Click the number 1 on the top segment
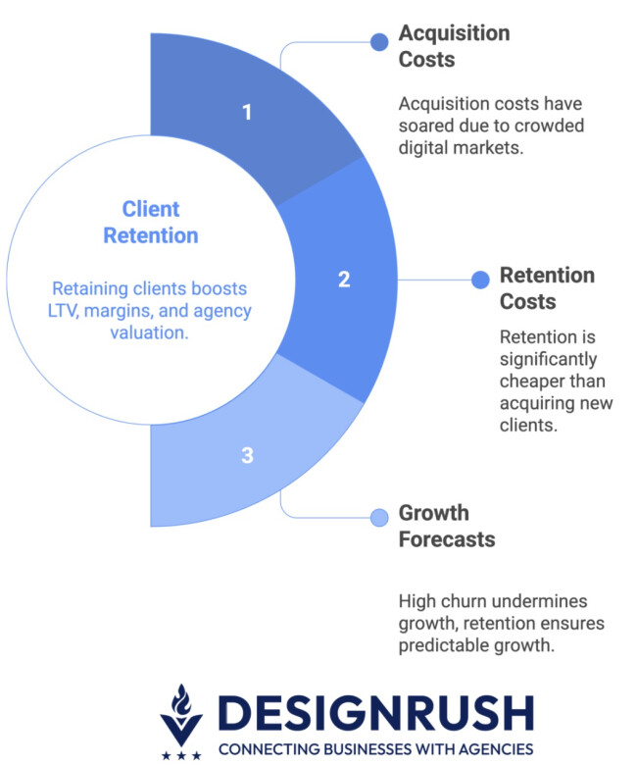[247, 112]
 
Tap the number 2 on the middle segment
[344, 280]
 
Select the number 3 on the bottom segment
[247, 455]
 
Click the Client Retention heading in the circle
[151, 222]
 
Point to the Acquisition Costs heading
[455, 46]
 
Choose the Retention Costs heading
[547, 288]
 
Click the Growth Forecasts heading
[447, 526]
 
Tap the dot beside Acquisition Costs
[379, 42]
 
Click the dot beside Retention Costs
[480, 280]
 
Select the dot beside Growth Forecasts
[379, 518]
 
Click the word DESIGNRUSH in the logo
[375, 713]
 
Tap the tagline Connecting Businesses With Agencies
[375, 749]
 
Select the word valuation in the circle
[149, 332]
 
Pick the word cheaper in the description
[531, 382]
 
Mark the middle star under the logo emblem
[181, 756]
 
